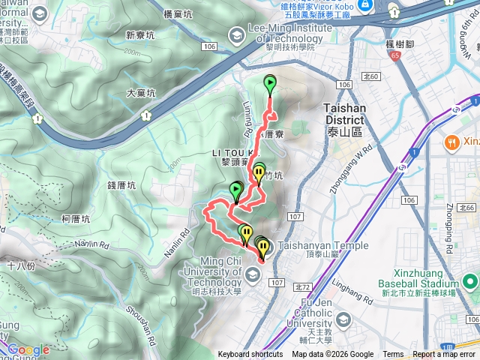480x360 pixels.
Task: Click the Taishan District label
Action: click(x=346, y=114)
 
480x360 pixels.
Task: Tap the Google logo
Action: click(x=28, y=349)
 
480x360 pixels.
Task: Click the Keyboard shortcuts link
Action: click(x=250, y=355)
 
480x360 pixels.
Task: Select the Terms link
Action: click(x=393, y=355)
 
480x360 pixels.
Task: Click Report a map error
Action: click(x=444, y=355)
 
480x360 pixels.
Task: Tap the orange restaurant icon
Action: click(x=451, y=140)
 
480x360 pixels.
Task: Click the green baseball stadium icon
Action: click(x=470, y=282)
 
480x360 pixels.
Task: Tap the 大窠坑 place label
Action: click(x=141, y=94)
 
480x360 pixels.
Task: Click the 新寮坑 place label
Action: click(x=141, y=35)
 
